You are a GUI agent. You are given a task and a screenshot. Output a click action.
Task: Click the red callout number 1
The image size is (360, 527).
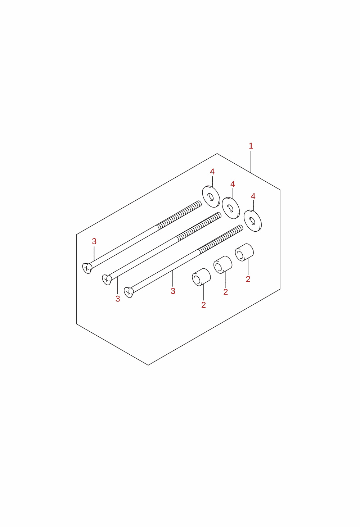click(251, 146)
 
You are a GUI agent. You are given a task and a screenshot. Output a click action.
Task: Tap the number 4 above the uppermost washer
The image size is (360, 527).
click(212, 172)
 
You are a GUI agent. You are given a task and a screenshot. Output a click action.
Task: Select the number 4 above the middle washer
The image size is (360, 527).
click(233, 184)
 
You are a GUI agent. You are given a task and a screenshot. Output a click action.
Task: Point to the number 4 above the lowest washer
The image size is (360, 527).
click(253, 196)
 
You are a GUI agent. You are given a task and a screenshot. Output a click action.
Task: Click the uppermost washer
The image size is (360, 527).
click(211, 197)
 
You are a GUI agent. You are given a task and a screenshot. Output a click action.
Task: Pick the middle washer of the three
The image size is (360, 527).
click(231, 208)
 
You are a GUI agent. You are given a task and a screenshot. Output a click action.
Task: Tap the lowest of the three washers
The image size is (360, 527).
click(253, 221)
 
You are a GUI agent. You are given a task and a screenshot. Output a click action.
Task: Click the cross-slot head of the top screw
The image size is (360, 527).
click(87, 268)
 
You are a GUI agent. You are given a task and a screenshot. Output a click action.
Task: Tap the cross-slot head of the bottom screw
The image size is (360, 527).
click(129, 292)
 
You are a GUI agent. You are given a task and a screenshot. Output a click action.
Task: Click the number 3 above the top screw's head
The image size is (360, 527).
click(94, 241)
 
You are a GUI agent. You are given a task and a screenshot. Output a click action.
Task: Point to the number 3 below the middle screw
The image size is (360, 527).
click(118, 299)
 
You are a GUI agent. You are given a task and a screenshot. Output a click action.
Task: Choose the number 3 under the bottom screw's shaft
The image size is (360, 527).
click(173, 291)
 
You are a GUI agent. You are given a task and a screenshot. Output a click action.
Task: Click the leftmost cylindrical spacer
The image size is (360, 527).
click(201, 277)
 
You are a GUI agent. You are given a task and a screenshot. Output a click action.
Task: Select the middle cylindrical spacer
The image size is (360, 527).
click(223, 265)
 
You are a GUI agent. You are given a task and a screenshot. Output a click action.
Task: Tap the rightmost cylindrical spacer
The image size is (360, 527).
click(244, 252)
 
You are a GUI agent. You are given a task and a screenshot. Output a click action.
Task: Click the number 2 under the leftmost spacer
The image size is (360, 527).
click(204, 305)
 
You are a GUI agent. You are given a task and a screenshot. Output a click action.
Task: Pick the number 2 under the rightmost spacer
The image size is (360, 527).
click(248, 280)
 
